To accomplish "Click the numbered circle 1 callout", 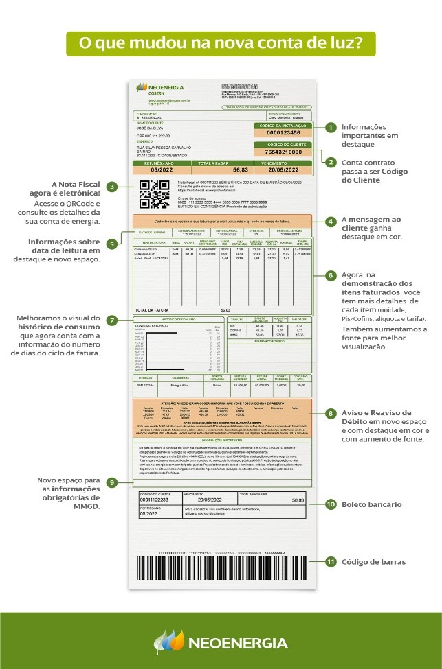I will click(331, 127).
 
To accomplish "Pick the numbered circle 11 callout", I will click(331, 562).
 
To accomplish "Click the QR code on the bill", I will click(154, 194).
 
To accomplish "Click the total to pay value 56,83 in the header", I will click(240, 169).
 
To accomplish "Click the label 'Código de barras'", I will click(373, 562).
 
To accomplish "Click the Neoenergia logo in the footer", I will click(221, 642).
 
